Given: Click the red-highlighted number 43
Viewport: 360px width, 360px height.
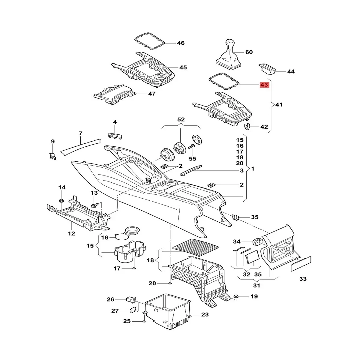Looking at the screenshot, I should [264, 85].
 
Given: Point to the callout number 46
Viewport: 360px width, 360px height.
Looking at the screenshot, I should [181, 43].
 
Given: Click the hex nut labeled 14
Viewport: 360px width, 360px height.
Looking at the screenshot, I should [61, 200].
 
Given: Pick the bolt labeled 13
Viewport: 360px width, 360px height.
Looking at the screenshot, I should [94, 205].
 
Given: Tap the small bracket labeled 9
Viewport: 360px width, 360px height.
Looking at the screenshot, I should [53, 156].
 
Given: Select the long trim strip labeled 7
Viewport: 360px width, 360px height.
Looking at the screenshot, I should [80, 145].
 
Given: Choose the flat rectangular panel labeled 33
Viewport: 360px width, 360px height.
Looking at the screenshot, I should [301, 264].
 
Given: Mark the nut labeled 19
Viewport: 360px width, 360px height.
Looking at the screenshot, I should [236, 297].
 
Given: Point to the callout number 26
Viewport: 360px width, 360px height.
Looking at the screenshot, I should [111, 299].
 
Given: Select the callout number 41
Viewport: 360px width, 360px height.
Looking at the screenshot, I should [279, 105].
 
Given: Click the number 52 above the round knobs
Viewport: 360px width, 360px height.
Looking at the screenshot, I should [181, 119].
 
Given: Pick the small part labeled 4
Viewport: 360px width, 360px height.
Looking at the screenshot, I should [115, 135].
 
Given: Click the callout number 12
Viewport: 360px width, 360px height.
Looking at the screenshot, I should [71, 233].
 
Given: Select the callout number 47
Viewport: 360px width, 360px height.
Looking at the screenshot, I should [152, 94].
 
